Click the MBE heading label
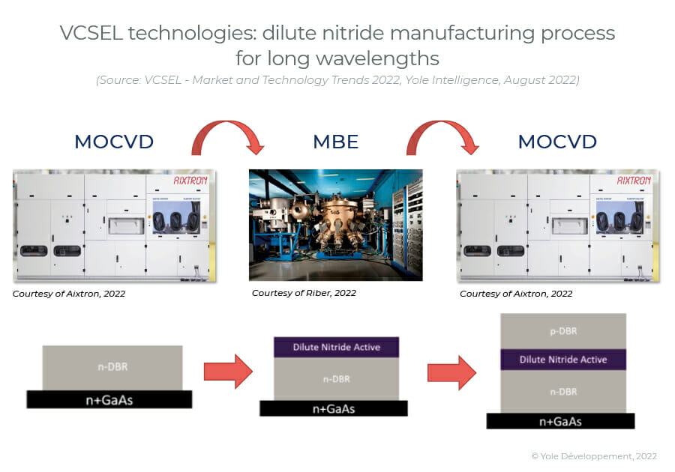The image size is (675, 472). point(335,142)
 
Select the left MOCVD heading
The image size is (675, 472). point(114,142)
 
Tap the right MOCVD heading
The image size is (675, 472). point(557,142)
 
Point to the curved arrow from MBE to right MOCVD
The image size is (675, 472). point(443,133)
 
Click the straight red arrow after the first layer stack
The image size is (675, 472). point(228,372)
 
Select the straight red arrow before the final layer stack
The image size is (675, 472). point(451,372)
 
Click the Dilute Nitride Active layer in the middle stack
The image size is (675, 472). point(336,347)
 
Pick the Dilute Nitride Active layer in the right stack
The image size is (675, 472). point(562,360)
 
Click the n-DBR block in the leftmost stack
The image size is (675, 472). point(112,368)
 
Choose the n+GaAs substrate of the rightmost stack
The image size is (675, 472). point(560,421)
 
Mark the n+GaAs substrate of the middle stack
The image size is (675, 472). point(334,408)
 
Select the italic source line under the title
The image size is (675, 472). point(337,80)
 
